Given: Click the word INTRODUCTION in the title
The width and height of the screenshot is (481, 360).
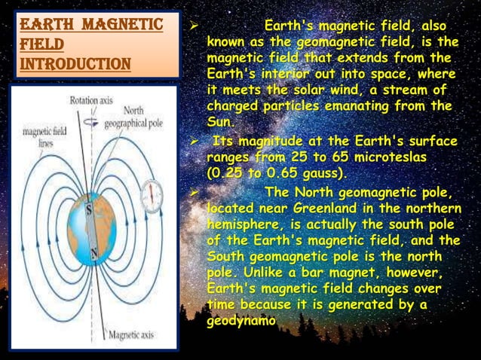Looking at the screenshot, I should [72, 62].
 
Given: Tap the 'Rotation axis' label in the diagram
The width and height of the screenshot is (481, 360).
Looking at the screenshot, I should [92, 99].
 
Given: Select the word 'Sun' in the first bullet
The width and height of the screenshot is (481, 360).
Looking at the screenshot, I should [220, 121].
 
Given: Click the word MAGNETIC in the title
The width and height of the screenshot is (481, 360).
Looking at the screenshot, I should [120, 25].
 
